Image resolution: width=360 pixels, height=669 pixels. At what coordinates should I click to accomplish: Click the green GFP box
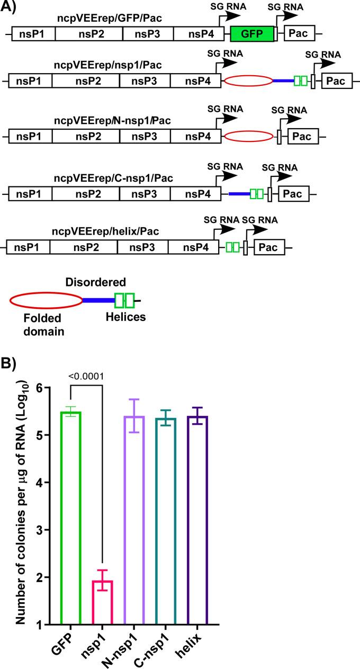pos(253,34)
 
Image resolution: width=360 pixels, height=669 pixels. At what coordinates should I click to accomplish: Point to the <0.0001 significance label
pos(85,377)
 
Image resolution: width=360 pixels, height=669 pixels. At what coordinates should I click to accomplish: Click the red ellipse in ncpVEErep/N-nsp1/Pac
pos(249,137)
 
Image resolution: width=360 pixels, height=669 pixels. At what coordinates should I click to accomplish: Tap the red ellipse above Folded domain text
pos(46,300)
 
